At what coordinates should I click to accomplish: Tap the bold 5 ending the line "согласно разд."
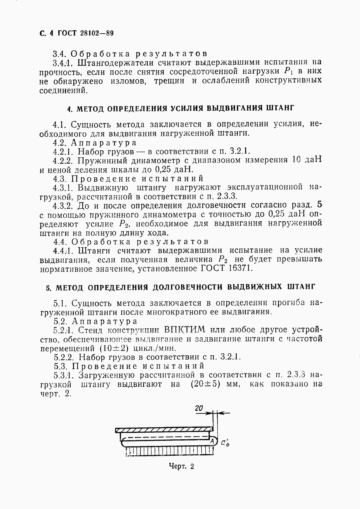(x=318, y=205)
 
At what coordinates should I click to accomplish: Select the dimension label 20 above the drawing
(x=199, y=408)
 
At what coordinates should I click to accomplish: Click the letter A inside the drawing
(x=213, y=440)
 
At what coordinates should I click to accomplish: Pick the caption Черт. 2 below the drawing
(x=181, y=466)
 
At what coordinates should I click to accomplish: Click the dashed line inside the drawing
(x=164, y=437)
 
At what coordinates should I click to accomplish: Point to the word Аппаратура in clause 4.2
(x=104, y=142)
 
